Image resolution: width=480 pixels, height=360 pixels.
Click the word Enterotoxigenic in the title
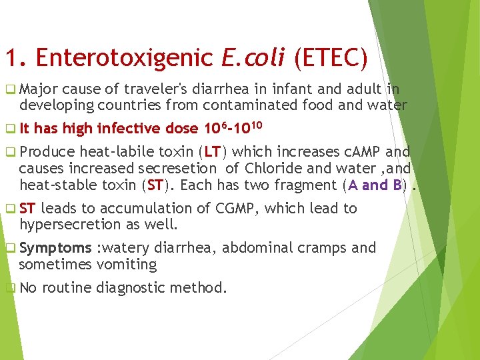click(x=127, y=58)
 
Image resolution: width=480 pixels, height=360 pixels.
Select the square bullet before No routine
click(x=9, y=289)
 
